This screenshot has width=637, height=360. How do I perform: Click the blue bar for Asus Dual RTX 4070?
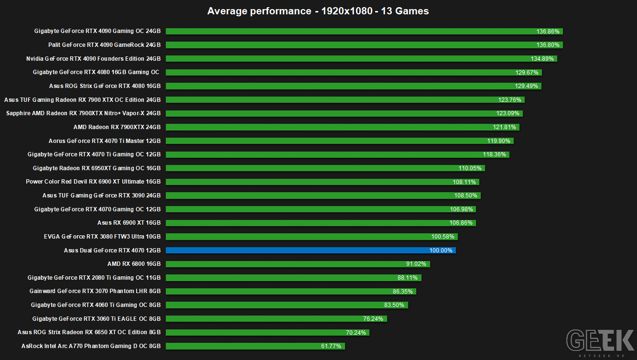(311, 250)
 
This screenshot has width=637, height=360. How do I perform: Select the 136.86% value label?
(548, 31)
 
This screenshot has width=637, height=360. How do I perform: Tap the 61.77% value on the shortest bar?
(331, 346)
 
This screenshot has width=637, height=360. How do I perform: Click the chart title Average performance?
(318, 11)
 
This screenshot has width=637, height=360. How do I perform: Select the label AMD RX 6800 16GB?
(134, 264)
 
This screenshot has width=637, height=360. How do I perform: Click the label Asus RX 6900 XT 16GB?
(129, 222)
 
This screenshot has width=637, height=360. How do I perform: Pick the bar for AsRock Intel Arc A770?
(255, 346)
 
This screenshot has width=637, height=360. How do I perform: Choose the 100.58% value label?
(443, 237)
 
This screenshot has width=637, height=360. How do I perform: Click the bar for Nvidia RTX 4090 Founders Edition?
(361, 59)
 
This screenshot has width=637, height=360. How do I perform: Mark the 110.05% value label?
(470, 168)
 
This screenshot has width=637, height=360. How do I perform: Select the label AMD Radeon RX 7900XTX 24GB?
(117, 127)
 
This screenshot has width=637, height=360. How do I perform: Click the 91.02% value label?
(416, 264)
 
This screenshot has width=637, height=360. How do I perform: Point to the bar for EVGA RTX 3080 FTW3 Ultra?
(312, 237)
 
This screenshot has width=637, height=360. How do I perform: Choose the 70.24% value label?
(356, 332)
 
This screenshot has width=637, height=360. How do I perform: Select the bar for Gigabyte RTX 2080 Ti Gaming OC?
(293, 277)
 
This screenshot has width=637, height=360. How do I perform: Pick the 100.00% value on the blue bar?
(441, 251)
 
